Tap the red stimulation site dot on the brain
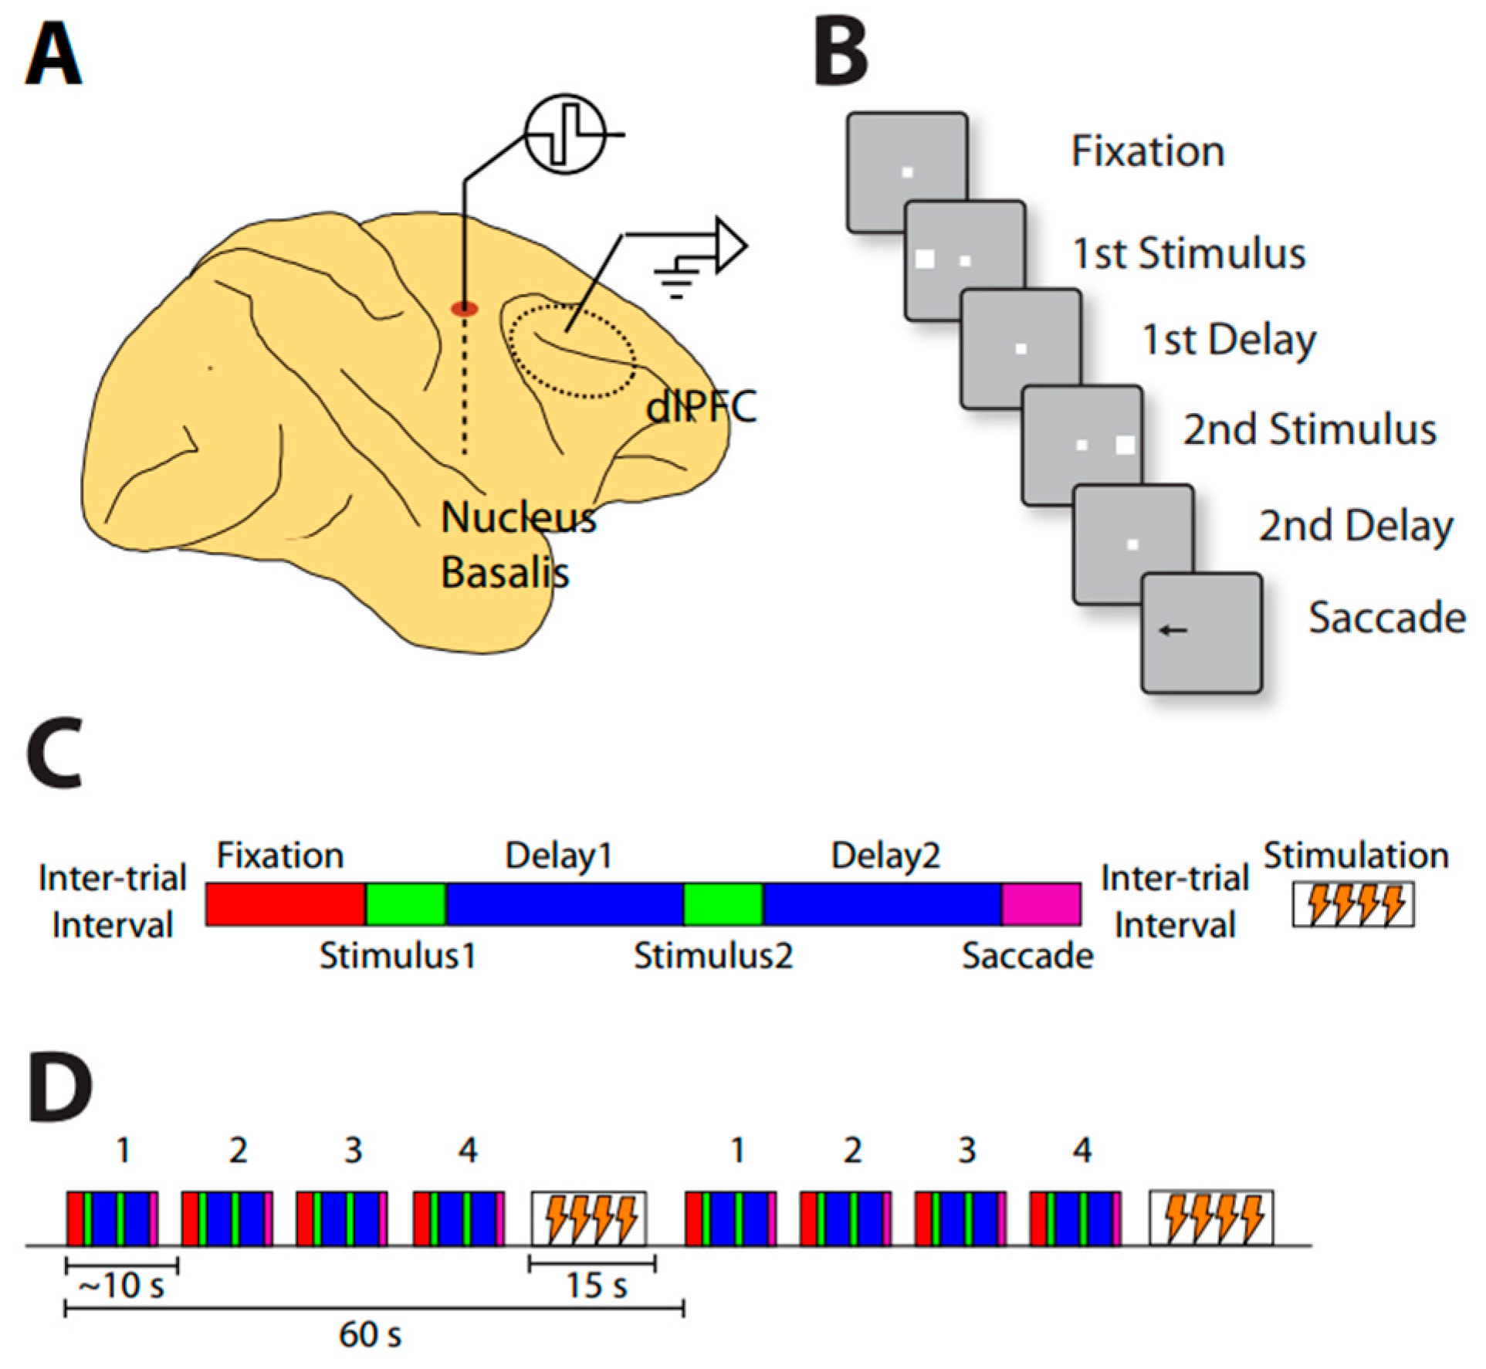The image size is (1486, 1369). pyautogui.click(x=464, y=309)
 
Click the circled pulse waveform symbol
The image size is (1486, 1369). pyautogui.click(x=566, y=134)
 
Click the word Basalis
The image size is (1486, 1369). pyautogui.click(x=504, y=573)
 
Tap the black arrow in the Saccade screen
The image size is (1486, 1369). pyautogui.click(x=1173, y=631)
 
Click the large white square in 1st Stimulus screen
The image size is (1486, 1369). pyautogui.click(x=924, y=259)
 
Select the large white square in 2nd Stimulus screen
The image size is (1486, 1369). pyautogui.click(x=1125, y=445)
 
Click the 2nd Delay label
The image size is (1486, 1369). pyautogui.click(x=1356, y=527)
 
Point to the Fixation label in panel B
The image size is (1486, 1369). pyautogui.click(x=1147, y=151)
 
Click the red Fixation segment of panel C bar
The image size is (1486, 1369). pyautogui.click(x=285, y=905)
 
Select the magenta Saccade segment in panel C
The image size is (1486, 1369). pyautogui.click(x=1041, y=905)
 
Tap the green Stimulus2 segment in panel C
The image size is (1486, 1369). pyautogui.click(x=723, y=905)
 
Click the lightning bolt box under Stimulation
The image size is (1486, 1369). pyautogui.click(x=1352, y=905)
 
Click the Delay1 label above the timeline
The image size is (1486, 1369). pyautogui.click(x=558, y=856)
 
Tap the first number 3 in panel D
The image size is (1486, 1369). pyautogui.click(x=353, y=1151)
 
